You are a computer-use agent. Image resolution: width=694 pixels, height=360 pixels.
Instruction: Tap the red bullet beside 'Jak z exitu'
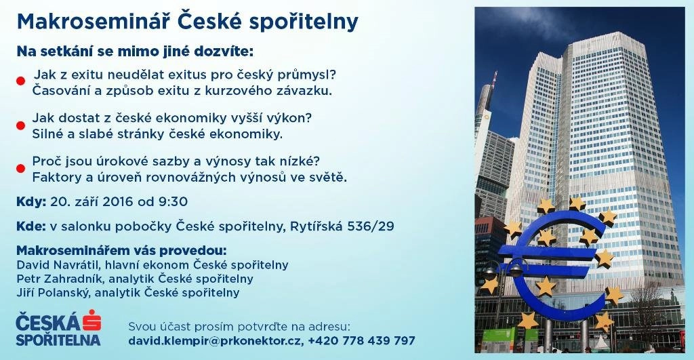[21, 81]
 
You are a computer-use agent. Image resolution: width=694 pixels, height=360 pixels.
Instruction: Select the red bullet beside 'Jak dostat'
[21, 125]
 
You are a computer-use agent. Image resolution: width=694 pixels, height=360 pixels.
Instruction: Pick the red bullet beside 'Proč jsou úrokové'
[21, 169]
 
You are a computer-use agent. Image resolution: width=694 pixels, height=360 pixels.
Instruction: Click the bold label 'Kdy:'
[31, 202]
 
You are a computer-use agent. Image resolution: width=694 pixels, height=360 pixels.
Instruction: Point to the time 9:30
[173, 202]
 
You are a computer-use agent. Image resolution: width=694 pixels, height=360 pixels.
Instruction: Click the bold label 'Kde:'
[31, 226]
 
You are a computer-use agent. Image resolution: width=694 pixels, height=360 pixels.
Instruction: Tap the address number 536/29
[371, 226]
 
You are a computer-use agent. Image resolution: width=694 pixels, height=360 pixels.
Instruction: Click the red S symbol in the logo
[92, 320]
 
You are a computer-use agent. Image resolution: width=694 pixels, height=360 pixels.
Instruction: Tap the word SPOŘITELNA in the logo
[58, 340]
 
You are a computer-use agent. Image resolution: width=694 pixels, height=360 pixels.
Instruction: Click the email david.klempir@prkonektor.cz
[215, 341]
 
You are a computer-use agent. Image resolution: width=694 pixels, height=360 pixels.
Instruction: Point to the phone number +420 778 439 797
[362, 340]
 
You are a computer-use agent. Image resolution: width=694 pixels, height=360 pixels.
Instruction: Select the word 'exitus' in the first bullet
[186, 75]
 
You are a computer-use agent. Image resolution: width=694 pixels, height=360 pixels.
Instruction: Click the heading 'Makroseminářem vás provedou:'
[121, 251]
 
